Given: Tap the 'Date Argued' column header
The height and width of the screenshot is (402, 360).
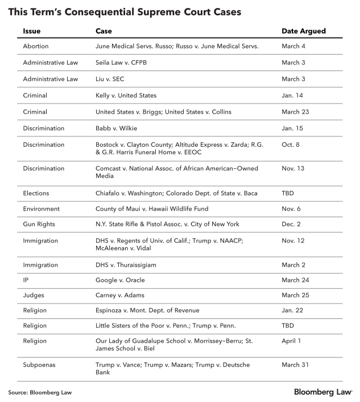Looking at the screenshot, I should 304,31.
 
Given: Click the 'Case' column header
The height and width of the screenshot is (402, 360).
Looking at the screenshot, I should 104,31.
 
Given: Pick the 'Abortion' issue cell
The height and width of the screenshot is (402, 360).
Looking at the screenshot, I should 36,46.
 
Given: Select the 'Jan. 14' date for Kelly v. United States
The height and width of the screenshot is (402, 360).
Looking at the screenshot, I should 293,96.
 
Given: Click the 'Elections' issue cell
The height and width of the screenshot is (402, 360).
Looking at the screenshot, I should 36,193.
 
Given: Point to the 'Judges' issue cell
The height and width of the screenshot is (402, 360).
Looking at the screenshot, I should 34,295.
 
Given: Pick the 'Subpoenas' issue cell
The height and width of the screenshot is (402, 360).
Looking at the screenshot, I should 40,364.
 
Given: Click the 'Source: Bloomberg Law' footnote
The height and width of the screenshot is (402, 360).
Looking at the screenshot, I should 40,392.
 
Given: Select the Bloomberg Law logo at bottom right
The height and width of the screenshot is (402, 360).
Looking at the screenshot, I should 322,392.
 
